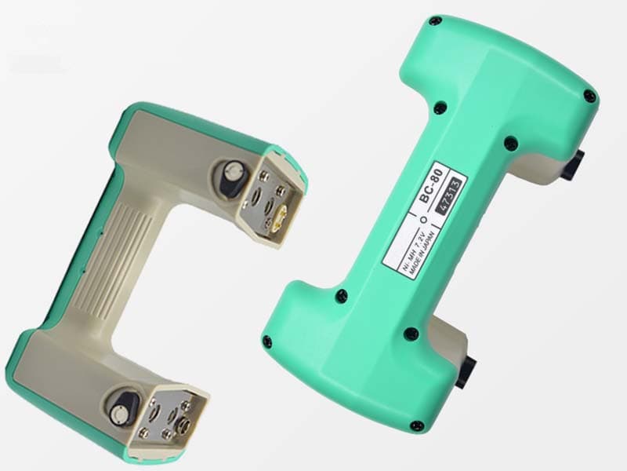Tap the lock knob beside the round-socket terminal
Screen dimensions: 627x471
coord(122,409)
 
